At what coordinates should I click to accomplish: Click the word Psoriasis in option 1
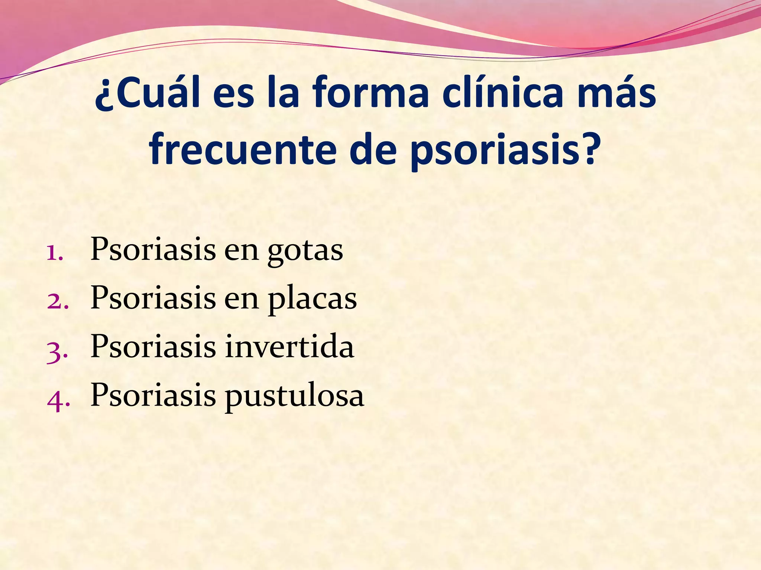coord(153,249)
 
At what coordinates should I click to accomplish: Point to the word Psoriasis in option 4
coord(153,395)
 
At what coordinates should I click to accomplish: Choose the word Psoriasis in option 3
coord(153,347)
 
